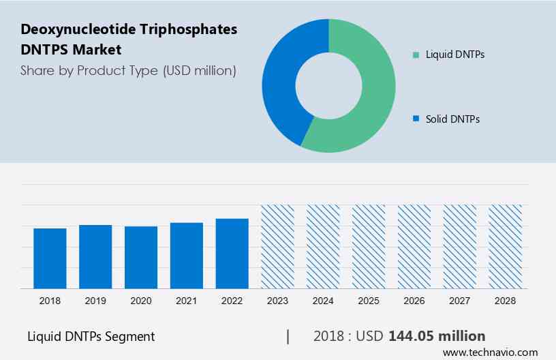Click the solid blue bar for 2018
point(50,258)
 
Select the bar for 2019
point(95,257)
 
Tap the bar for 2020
point(141,258)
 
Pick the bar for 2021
point(187,256)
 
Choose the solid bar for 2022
point(232,254)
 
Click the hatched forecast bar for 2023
point(278,247)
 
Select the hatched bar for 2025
point(369,247)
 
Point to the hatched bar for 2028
point(506,247)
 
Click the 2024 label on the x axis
point(323,300)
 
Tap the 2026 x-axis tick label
point(414,300)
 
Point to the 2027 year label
point(460,300)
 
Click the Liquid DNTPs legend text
point(454,55)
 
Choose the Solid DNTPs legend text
point(452,119)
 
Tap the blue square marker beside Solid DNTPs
point(416,119)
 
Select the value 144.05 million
point(436,336)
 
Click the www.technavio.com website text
point(490,352)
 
